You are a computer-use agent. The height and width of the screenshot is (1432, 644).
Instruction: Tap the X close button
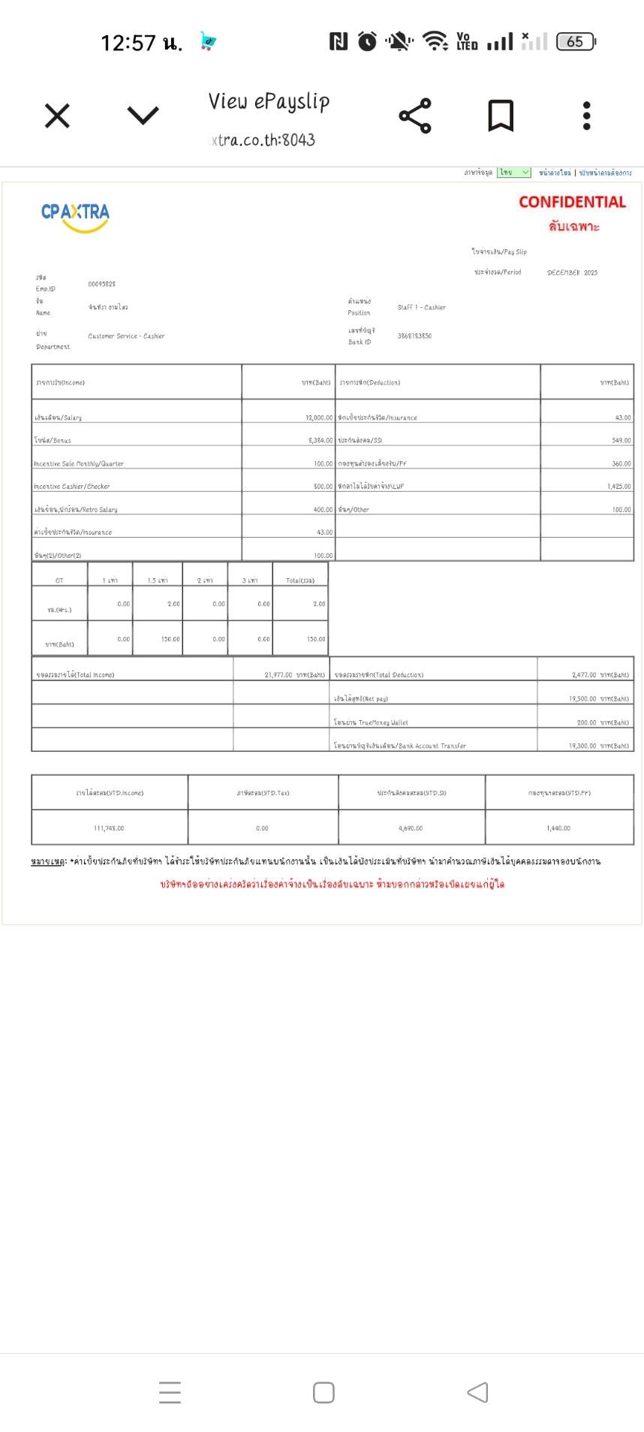tap(57, 116)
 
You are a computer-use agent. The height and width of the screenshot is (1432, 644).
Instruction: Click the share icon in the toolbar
tap(414, 116)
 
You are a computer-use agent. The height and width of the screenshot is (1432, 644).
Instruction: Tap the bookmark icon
tap(501, 116)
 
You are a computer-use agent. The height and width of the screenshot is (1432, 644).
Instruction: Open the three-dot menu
tap(587, 116)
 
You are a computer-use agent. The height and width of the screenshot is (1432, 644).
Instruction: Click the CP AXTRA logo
tap(75, 215)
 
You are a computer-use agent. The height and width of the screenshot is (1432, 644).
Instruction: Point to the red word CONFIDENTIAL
tap(572, 202)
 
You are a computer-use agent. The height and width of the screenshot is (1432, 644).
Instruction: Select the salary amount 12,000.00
tap(318, 418)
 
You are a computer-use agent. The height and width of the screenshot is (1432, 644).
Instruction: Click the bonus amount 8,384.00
tap(320, 441)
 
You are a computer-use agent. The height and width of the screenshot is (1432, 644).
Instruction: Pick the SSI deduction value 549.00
tap(621, 441)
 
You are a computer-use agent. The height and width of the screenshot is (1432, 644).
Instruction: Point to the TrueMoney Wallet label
tap(371, 722)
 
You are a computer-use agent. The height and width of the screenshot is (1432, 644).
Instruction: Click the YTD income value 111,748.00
tap(109, 828)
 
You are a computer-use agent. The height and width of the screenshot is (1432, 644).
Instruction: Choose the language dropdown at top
tap(514, 173)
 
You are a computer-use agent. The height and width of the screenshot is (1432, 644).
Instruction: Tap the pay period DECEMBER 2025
tap(572, 273)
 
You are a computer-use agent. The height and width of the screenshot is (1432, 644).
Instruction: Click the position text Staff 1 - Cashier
tap(421, 307)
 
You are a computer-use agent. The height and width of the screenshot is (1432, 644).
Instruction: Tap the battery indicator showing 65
tap(576, 42)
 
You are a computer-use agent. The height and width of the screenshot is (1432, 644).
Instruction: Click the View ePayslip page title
tap(269, 101)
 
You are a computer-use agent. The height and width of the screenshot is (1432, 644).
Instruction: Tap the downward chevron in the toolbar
tap(143, 116)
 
